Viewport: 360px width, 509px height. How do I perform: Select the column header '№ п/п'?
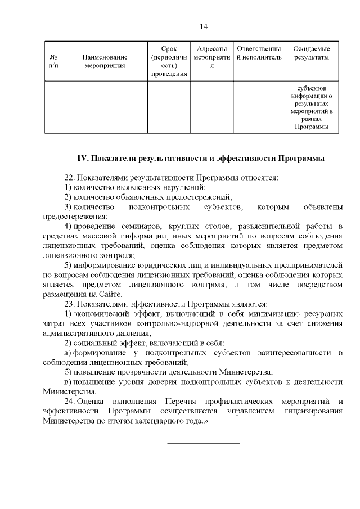click(54, 61)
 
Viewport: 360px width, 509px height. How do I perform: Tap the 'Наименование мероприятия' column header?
click(105, 61)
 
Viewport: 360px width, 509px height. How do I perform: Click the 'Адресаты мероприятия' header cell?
click(211, 61)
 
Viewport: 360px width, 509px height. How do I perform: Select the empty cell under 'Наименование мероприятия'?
click(105, 107)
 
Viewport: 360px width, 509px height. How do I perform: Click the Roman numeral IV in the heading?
click(83, 158)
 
